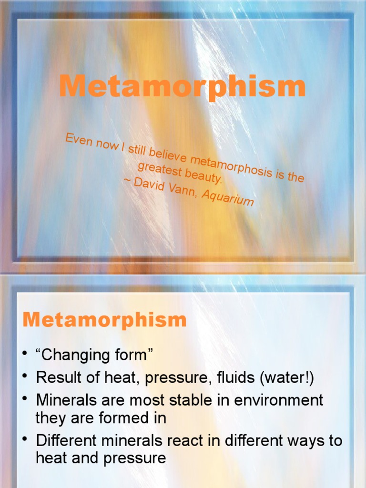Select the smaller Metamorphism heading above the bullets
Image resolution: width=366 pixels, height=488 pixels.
pos(104,319)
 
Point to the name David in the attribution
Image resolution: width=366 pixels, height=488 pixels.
pos(152,184)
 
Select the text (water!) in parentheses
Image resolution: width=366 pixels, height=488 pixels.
pos(287,378)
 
